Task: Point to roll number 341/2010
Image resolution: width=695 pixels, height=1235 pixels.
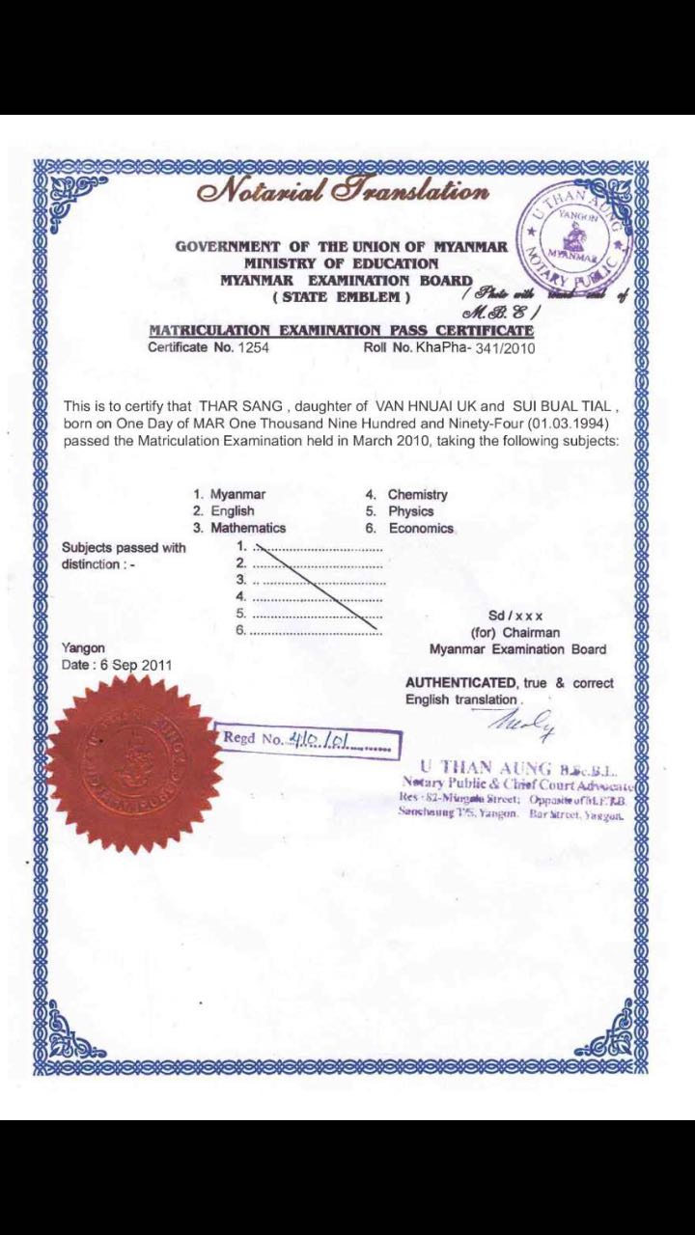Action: coord(502,347)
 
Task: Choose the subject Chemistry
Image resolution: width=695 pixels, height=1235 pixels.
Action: coord(417,494)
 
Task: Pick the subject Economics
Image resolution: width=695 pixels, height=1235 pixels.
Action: coord(421,528)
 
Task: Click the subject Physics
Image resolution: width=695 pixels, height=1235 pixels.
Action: coord(411,511)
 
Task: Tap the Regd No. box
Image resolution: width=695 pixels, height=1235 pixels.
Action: coord(307,740)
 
